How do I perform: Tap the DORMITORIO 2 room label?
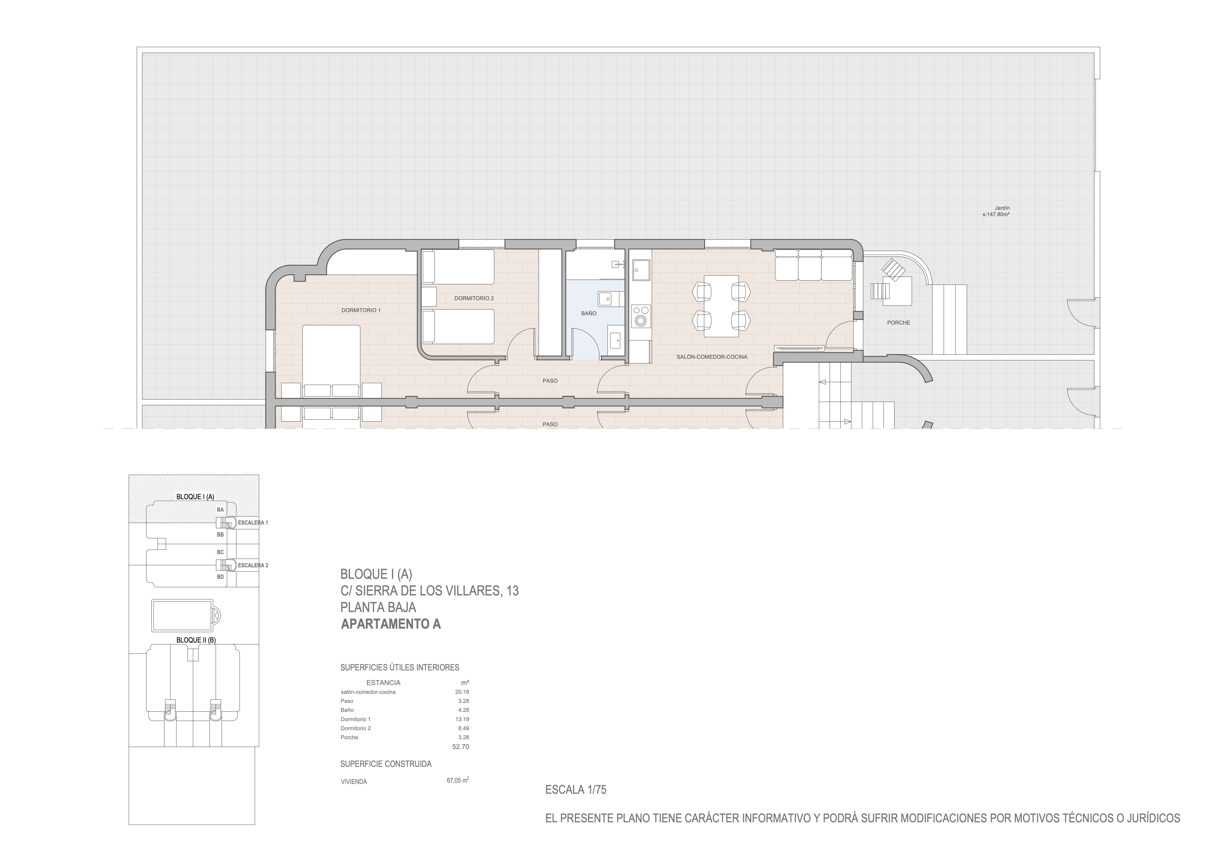click(x=474, y=298)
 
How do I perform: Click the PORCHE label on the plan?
click(x=898, y=323)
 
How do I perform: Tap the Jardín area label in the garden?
click(x=996, y=211)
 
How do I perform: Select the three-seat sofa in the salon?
click(x=813, y=265)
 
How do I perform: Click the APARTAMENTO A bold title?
click(x=391, y=624)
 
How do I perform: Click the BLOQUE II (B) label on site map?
click(x=196, y=640)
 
